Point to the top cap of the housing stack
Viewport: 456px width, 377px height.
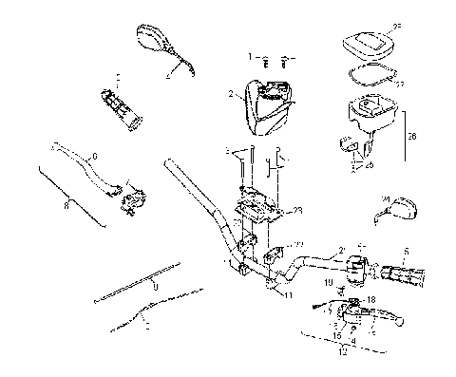[x=370, y=43]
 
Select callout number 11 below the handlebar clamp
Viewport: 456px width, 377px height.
[x=286, y=295]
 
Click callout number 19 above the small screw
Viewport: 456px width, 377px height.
[x=328, y=283]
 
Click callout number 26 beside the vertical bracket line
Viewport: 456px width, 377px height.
[x=410, y=136]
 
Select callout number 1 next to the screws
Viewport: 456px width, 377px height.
[x=251, y=57]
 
